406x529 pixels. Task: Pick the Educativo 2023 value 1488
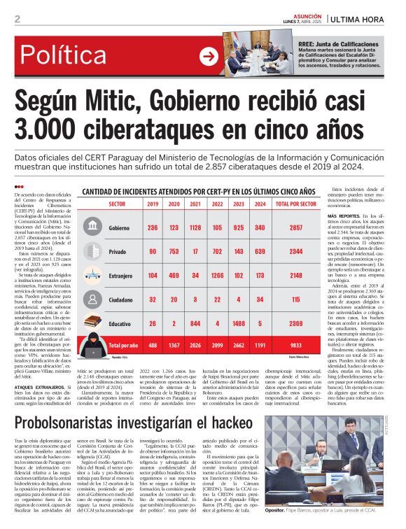click(239, 323)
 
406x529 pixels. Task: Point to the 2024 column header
click(260, 204)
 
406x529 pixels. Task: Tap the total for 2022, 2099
click(217, 345)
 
